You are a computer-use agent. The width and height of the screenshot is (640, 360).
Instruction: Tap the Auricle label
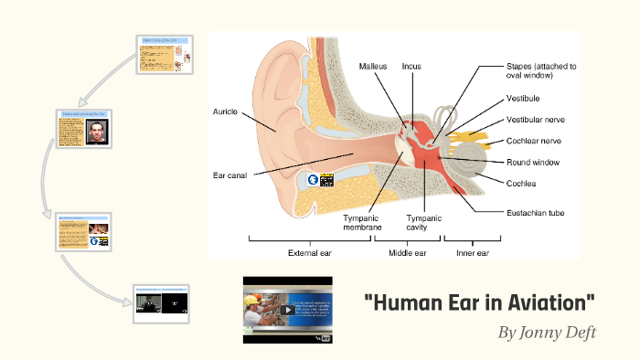225,111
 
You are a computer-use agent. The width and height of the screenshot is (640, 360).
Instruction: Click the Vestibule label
525,98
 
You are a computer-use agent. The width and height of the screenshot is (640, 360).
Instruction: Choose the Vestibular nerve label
539,120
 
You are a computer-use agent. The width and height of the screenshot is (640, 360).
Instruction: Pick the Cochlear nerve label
538,142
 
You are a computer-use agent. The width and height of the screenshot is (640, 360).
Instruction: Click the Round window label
534,163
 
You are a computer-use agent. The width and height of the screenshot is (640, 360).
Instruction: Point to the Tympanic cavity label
423,223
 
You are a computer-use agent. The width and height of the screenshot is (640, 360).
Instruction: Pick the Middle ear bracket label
407,253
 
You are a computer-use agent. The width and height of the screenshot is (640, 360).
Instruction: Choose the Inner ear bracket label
472,253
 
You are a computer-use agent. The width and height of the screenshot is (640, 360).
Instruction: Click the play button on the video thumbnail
287,310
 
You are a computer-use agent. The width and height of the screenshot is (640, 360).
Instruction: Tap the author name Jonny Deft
547,332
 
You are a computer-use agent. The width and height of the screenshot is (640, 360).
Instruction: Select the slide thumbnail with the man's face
84,129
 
